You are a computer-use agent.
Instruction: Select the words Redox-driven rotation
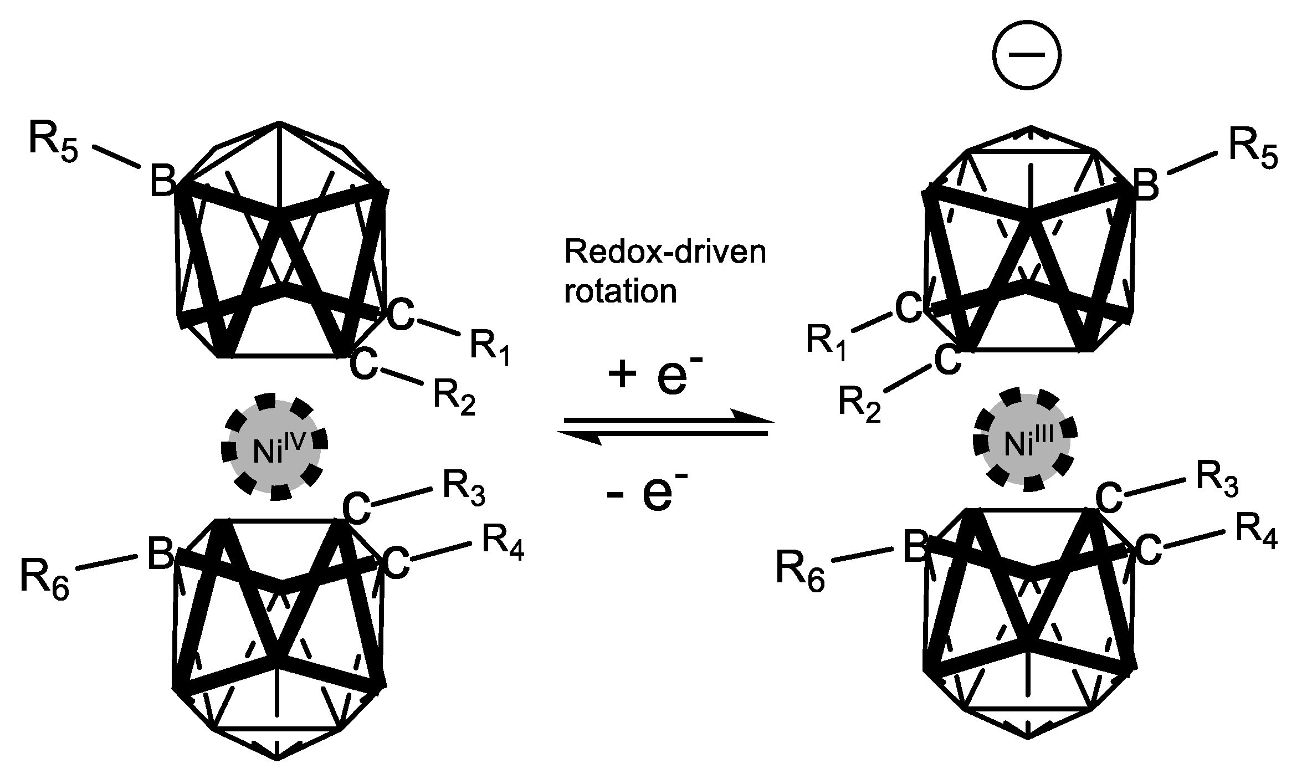click(664, 271)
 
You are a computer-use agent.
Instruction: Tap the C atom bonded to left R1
click(400, 315)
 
